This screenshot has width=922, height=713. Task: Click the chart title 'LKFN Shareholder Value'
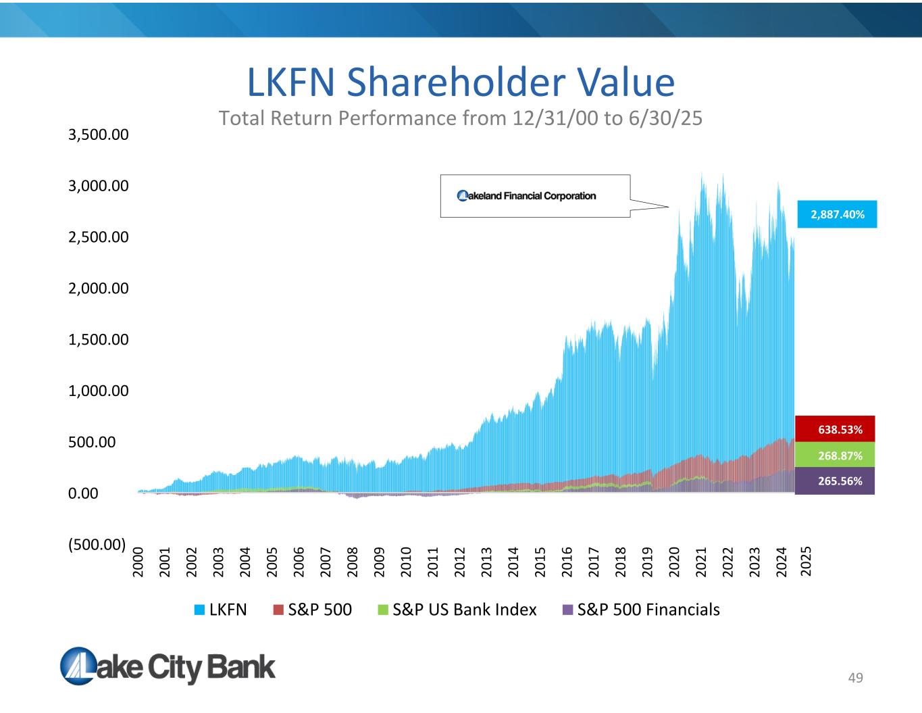pos(461,82)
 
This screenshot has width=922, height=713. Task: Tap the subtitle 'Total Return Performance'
pos(461,118)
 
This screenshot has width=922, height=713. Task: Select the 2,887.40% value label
pos(837,214)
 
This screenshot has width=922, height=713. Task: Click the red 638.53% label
pos(835,429)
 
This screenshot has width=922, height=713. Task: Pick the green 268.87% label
pos(835,456)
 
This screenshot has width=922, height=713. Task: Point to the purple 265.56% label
pos(835,481)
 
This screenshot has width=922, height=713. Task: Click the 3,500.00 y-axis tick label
pos(99,134)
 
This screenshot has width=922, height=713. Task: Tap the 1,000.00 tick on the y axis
pos(99,391)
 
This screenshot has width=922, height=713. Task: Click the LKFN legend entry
pos(221,610)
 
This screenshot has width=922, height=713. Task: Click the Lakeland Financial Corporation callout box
pos(535,196)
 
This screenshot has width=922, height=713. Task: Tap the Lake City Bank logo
pos(168,666)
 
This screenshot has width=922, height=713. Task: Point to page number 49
pos(856,678)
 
